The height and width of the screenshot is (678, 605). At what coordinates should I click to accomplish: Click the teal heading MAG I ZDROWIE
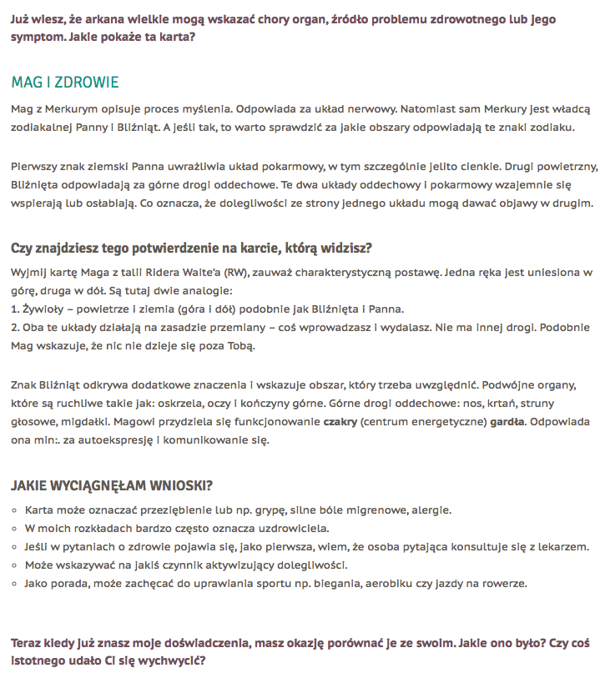(x=65, y=83)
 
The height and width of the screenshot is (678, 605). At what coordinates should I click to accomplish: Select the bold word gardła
(x=507, y=423)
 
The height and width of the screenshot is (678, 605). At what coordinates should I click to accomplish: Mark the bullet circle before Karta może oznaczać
(x=15, y=510)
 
